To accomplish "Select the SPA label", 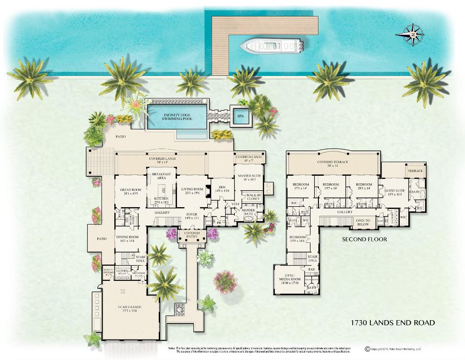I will click(x=241, y=116).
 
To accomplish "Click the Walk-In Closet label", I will click(x=253, y=197).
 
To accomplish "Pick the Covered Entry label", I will click(x=192, y=235).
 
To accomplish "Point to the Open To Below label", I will click(x=363, y=223).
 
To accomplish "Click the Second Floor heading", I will click(x=364, y=239).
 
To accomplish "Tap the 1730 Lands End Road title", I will click(x=393, y=322).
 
